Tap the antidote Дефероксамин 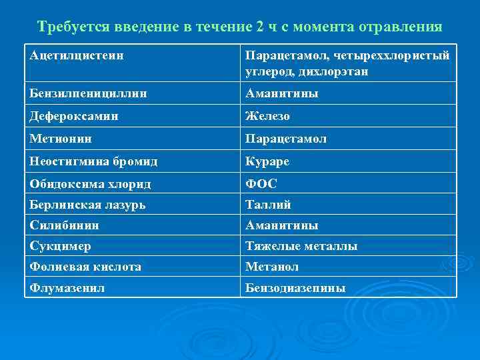click(x=74, y=116)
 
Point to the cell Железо click(x=267, y=116)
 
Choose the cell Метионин click(x=61, y=139)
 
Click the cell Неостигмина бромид click(x=93, y=161)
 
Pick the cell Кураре click(x=267, y=161)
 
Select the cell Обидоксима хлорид click(x=90, y=183)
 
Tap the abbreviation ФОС click(x=262, y=183)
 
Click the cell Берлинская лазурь click(x=89, y=205)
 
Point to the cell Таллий click(x=269, y=205)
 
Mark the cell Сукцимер click(x=61, y=246)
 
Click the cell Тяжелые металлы click(x=301, y=246)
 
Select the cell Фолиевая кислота click(x=85, y=267)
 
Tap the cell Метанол click(x=271, y=267)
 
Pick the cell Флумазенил click(x=67, y=288)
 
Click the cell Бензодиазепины click(x=295, y=288)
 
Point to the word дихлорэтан click(x=345, y=71)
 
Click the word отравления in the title click(x=400, y=27)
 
